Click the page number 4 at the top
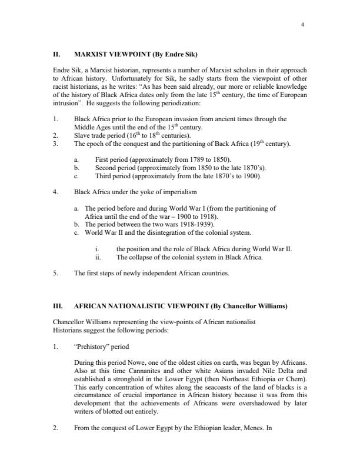tap(302, 24)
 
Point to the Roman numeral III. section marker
tap(58, 307)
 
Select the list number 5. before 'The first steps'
tap(55, 274)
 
